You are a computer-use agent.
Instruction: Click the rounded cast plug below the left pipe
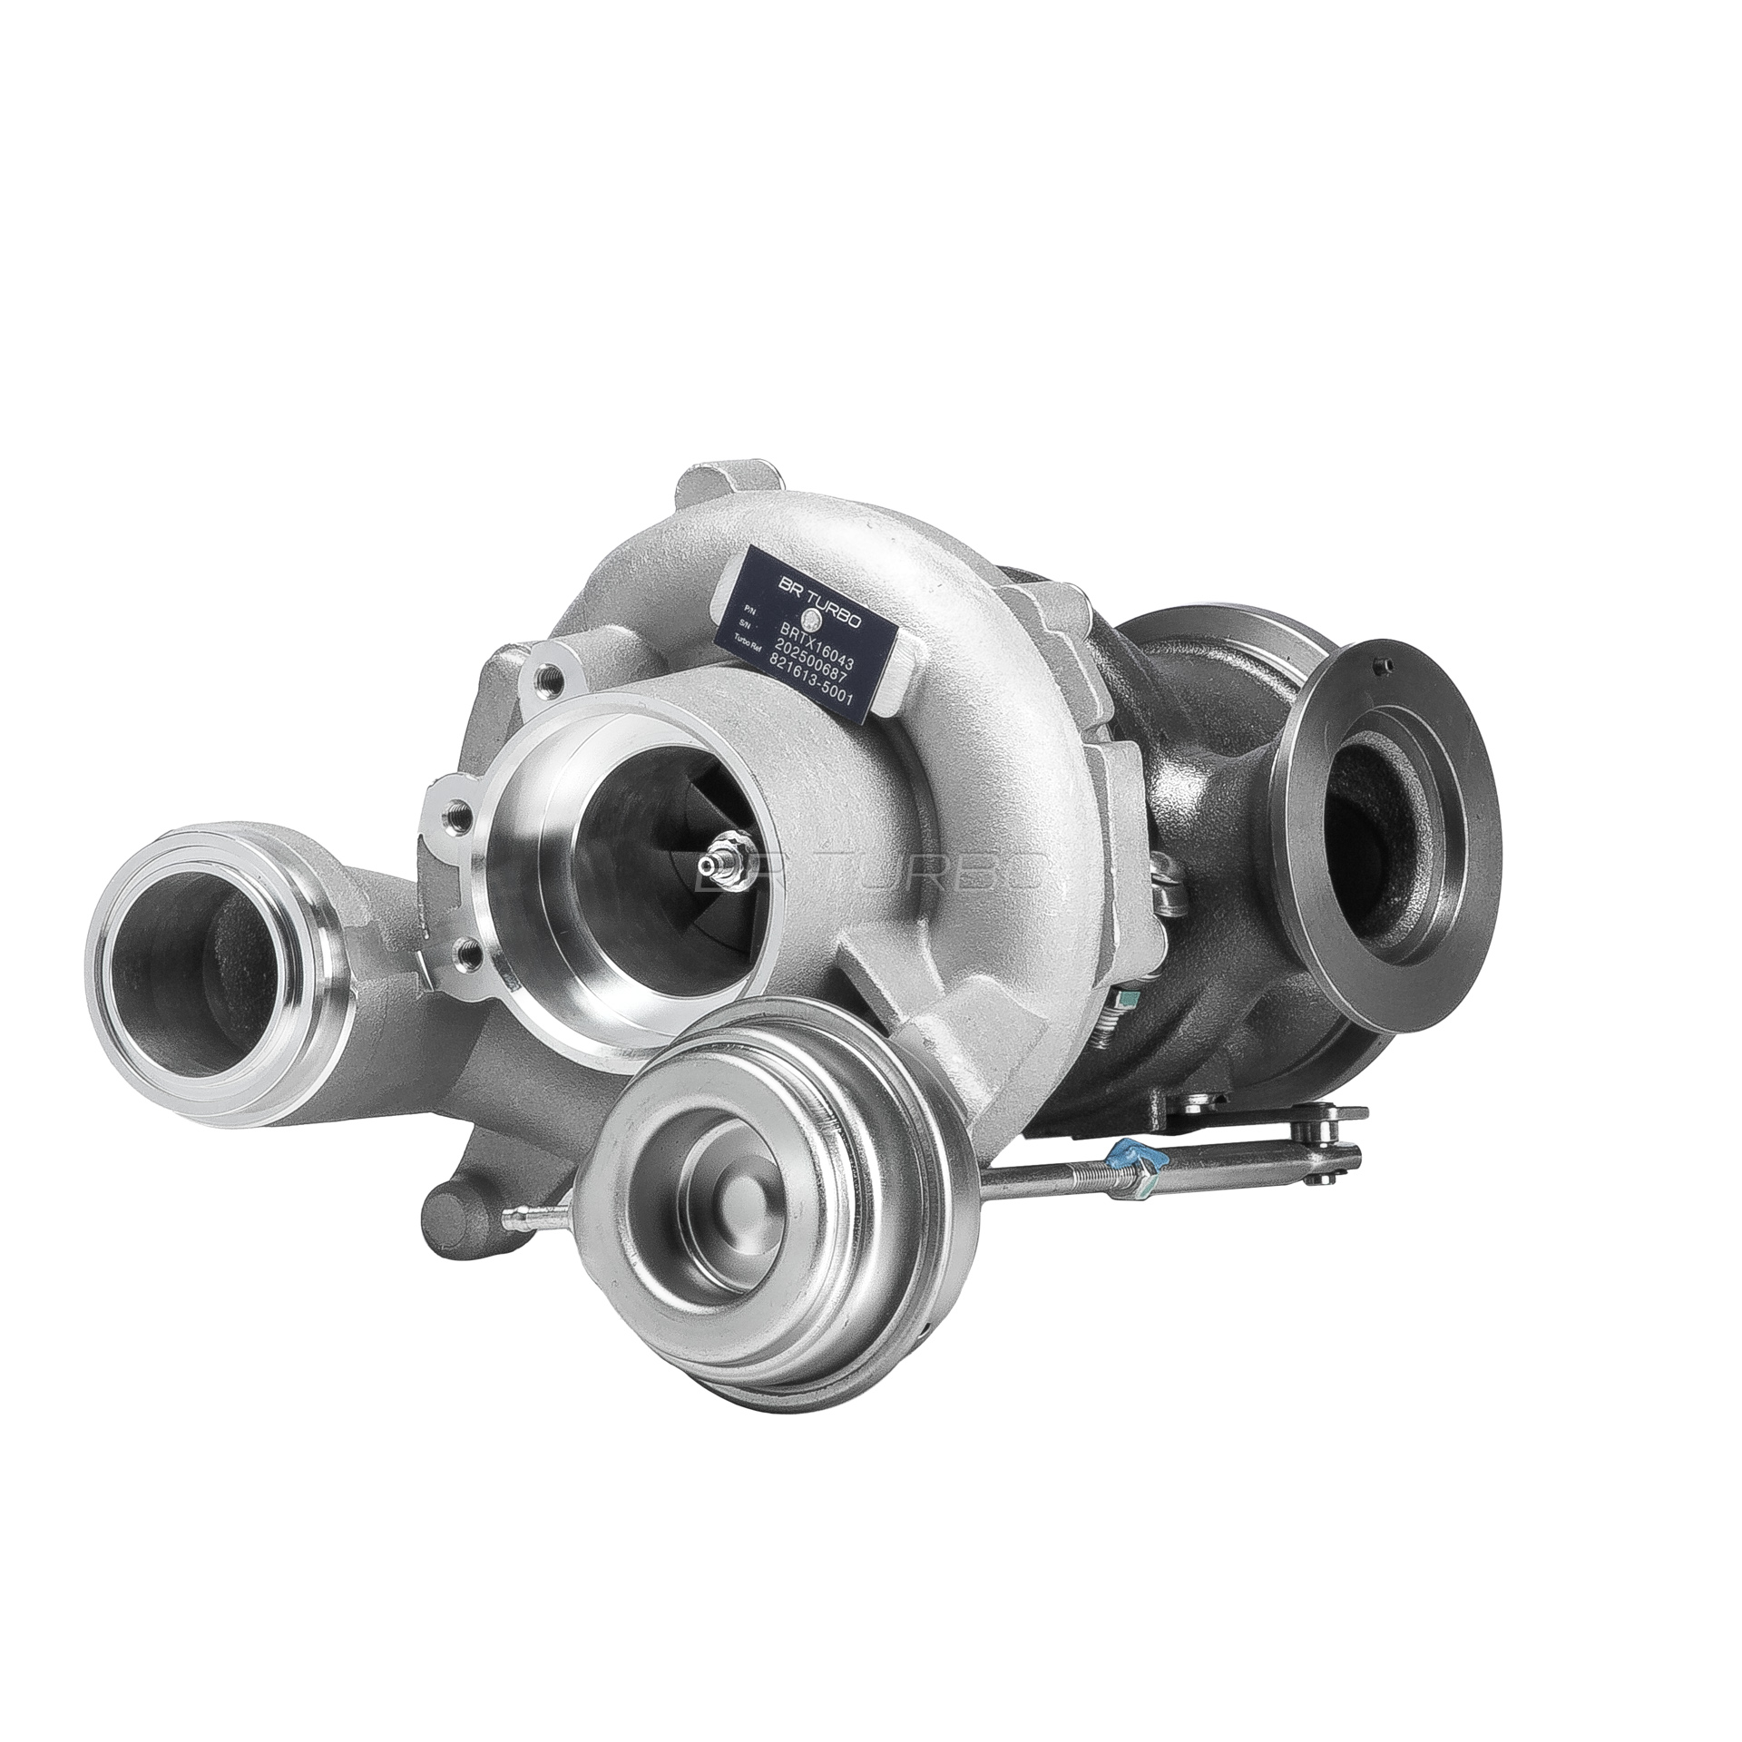[447, 1213]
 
